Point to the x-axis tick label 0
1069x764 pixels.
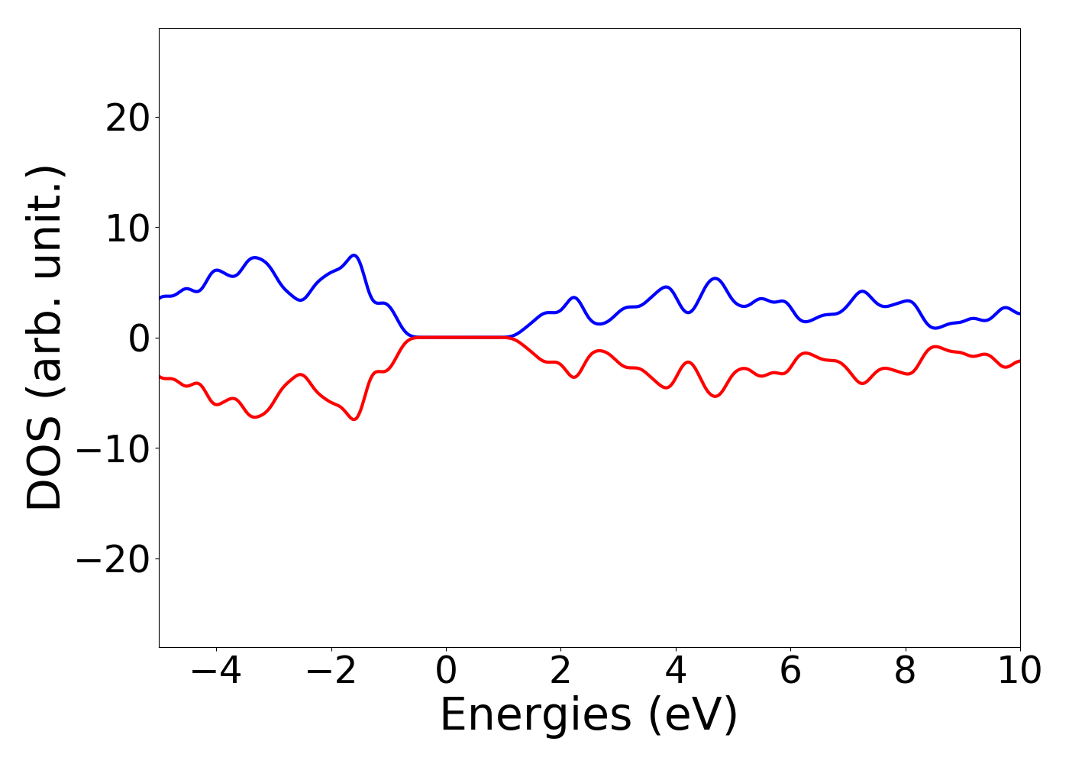click(x=446, y=672)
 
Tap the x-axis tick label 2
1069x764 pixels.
click(x=560, y=672)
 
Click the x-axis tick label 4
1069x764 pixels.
click(x=676, y=672)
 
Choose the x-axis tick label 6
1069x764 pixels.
click(x=790, y=672)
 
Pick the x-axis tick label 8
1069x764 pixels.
click(x=905, y=672)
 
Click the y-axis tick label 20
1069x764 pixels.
click(x=127, y=118)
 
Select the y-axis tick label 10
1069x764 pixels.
click(x=127, y=228)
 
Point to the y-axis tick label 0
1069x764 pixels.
click(x=138, y=338)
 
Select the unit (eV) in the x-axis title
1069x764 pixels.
click(x=694, y=716)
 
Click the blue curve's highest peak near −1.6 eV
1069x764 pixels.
click(x=354, y=255)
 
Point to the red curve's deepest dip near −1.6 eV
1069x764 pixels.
click(x=354, y=419)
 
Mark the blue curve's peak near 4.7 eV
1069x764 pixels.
click(x=715, y=278)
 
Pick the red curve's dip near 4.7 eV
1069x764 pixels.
click(x=715, y=397)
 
